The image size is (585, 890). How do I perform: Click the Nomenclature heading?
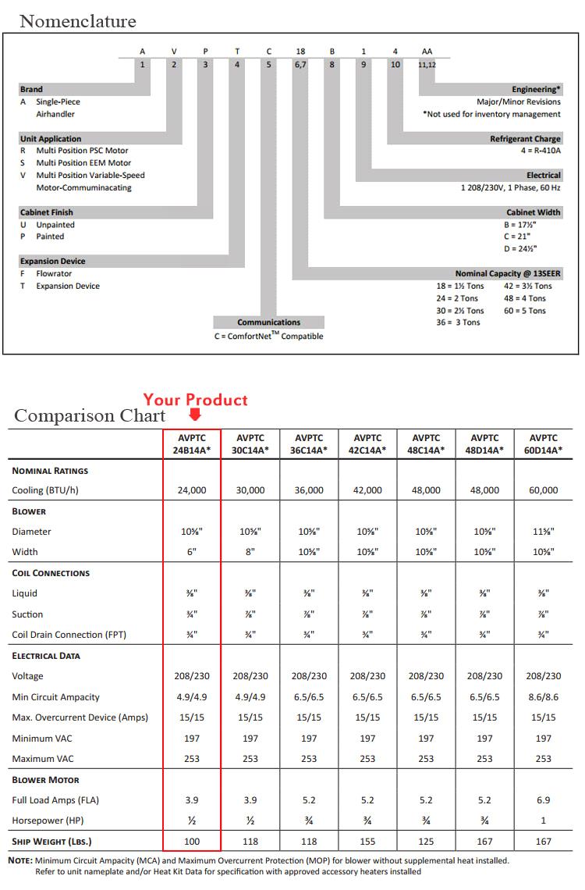point(78,21)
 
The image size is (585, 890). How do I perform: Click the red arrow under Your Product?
point(194,417)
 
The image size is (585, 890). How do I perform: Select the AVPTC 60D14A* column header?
point(544,444)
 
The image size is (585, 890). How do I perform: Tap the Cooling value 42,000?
point(367,490)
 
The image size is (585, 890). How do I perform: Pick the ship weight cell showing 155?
point(367,842)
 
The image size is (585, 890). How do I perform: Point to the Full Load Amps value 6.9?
point(544,800)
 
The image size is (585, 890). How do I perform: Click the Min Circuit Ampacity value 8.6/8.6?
point(544,697)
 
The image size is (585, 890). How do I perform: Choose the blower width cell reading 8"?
point(250,552)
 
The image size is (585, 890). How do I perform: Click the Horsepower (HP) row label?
point(48,821)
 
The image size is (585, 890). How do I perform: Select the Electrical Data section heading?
point(46,656)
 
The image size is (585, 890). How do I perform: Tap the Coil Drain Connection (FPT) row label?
point(69,635)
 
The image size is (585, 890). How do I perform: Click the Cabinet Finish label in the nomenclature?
point(47,212)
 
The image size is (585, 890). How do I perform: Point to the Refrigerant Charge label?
point(525,139)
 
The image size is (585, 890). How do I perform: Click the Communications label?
point(268,322)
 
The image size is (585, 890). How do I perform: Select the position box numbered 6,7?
point(300,65)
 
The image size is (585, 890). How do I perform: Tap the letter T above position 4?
point(237,52)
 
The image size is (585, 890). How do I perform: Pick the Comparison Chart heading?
point(90,416)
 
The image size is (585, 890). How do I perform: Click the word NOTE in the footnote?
point(19,860)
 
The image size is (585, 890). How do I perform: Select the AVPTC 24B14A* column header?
point(192,444)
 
